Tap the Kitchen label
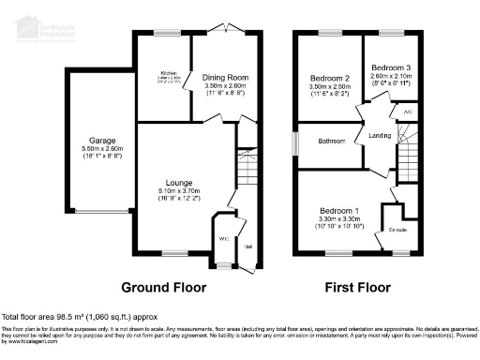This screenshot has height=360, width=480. [x=169, y=71]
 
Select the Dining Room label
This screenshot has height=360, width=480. [x=225, y=78]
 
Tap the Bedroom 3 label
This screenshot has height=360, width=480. [x=390, y=68]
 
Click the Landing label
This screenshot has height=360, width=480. [x=381, y=136]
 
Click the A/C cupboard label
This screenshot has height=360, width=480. [x=408, y=111]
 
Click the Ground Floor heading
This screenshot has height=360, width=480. [x=164, y=286]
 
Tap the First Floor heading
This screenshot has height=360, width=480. [x=357, y=286]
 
